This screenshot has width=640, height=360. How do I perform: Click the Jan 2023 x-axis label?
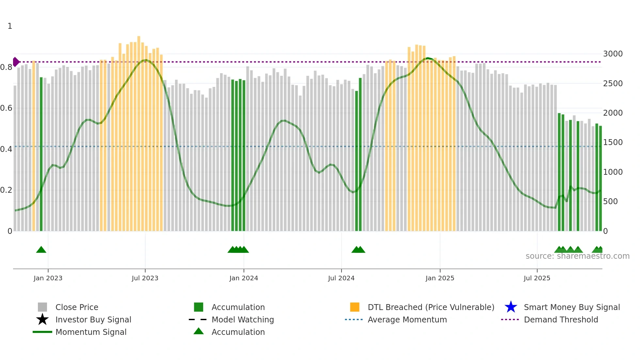pyautogui.click(x=48, y=278)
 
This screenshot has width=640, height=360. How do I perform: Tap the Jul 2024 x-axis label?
pyautogui.click(x=341, y=278)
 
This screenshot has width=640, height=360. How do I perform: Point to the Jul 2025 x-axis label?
pyautogui.click(x=537, y=278)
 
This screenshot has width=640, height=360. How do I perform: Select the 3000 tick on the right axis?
pyautogui.click(x=613, y=54)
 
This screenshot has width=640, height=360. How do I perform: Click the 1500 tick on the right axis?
pyautogui.click(x=613, y=142)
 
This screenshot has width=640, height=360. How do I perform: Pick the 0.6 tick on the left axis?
pyautogui.click(x=6, y=108)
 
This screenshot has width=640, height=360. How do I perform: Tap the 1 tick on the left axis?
pyautogui.click(x=10, y=26)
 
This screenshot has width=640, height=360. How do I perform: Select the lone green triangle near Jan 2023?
pyautogui.click(x=41, y=250)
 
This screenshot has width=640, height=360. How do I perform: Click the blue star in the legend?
pyautogui.click(x=511, y=307)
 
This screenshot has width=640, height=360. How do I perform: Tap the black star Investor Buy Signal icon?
pyautogui.click(x=42, y=319)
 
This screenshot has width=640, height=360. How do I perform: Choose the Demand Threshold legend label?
pyautogui.click(x=561, y=319)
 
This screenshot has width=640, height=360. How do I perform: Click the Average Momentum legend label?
pyautogui.click(x=407, y=319)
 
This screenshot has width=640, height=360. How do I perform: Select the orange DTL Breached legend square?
pyautogui.click(x=355, y=307)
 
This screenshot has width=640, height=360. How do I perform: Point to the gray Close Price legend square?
pyautogui.click(x=42, y=307)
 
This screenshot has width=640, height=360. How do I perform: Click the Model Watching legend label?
pyautogui.click(x=243, y=319)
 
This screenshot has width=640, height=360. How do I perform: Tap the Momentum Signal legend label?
pyautogui.click(x=91, y=332)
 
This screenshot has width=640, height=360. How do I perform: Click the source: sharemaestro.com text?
pyautogui.click(x=577, y=256)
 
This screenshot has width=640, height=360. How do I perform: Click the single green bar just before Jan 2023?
pyautogui.click(x=41, y=154)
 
